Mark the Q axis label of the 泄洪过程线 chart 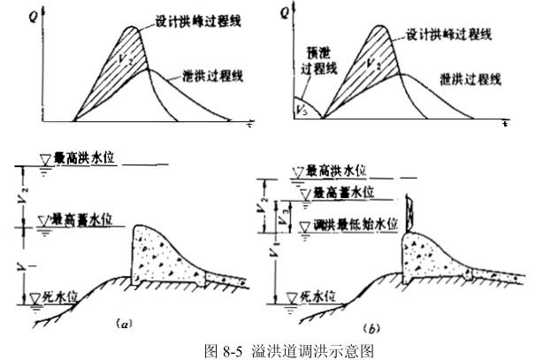35,15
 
